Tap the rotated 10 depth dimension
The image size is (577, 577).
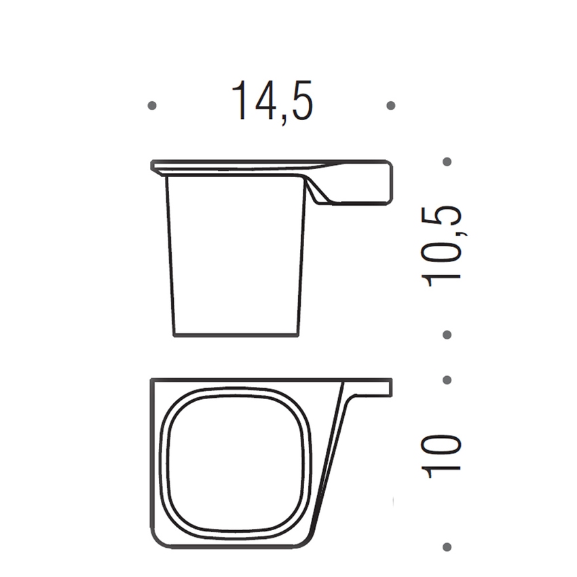tap(443, 455)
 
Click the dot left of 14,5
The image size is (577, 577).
tap(152, 105)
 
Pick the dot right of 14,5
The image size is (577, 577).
tap(390, 105)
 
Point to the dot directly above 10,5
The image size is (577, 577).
tap(447, 162)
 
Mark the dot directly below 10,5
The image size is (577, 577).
tap(447, 335)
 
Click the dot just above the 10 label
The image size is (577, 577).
tap(447, 379)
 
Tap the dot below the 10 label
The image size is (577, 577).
tap(447, 546)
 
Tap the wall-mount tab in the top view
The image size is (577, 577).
tap(370, 387)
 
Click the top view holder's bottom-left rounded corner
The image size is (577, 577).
tap(157, 540)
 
